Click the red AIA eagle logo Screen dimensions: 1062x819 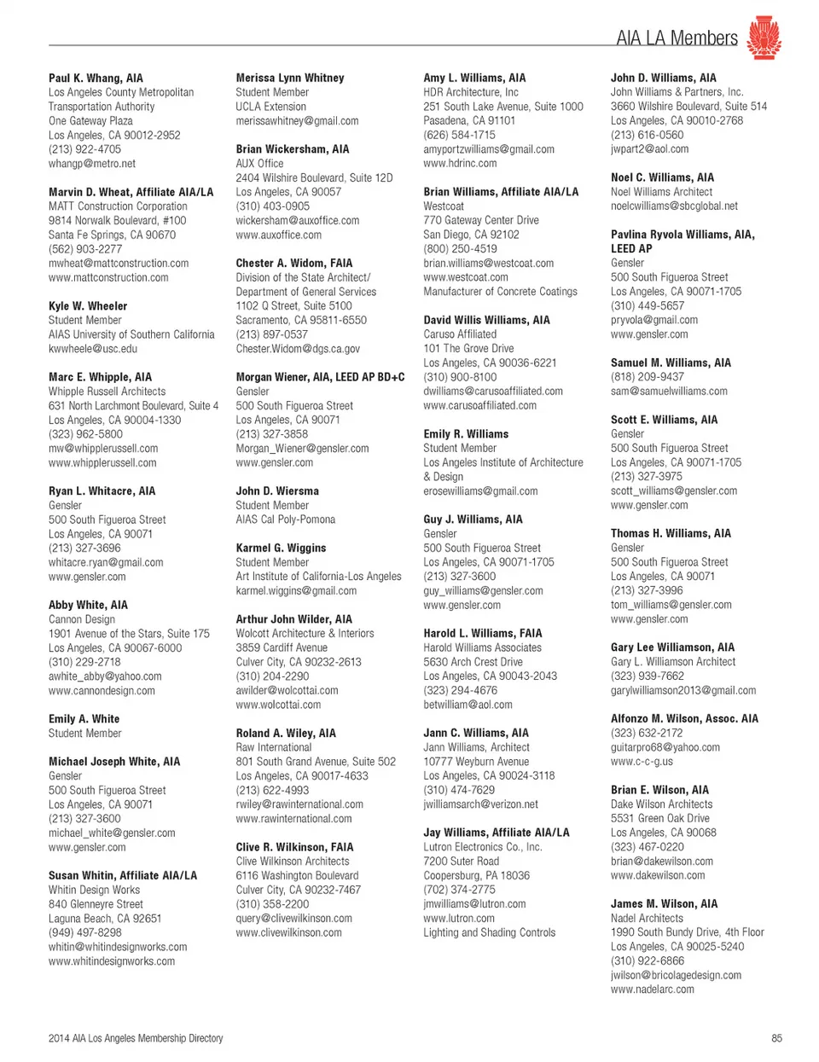(x=764, y=38)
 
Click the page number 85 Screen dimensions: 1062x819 (x=775, y=1038)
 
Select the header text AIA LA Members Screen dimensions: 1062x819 (x=677, y=38)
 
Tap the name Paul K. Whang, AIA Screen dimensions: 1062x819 (x=96, y=78)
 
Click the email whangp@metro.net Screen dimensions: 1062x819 (x=92, y=163)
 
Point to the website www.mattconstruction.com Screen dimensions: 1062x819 (x=108, y=277)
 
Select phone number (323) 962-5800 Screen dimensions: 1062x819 (x=85, y=433)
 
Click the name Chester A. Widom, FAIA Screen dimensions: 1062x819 (x=294, y=263)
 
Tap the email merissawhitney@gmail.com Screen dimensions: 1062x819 (x=297, y=120)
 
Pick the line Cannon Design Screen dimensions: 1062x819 (x=82, y=619)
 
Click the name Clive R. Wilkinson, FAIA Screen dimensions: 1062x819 (x=294, y=847)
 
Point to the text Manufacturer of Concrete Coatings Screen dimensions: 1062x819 (x=500, y=291)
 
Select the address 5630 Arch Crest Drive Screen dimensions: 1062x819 (x=473, y=661)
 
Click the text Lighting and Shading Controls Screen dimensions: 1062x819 (x=489, y=932)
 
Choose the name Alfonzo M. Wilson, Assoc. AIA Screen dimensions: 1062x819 (x=684, y=718)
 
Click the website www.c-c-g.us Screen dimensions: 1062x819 (x=642, y=761)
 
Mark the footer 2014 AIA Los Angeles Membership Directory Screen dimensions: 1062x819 (x=136, y=1038)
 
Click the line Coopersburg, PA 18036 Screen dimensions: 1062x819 (x=476, y=875)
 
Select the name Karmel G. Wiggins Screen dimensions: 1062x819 (x=281, y=548)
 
